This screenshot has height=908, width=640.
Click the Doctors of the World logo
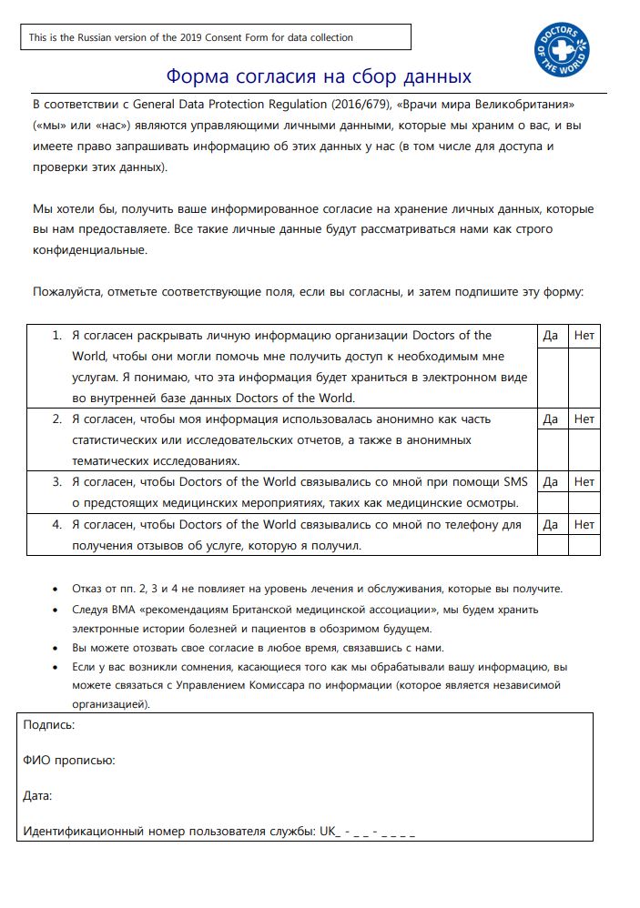coord(563,51)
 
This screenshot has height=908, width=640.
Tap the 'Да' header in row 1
coord(550,336)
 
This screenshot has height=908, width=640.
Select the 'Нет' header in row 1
coord(584,336)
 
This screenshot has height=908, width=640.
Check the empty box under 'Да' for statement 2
coord(550,449)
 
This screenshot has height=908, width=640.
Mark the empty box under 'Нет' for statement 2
coord(584,449)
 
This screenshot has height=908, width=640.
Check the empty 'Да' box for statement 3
coord(550,502)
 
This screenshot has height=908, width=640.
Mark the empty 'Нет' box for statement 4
coord(584,545)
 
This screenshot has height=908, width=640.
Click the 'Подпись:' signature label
coord(48,725)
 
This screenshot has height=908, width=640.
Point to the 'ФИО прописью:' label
coord(68,761)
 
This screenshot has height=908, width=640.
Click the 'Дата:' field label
coord(37,796)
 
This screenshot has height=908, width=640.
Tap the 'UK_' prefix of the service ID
coord(329,832)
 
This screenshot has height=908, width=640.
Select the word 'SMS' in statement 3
coord(515,481)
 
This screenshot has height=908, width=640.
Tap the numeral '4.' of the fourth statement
coord(56,525)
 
